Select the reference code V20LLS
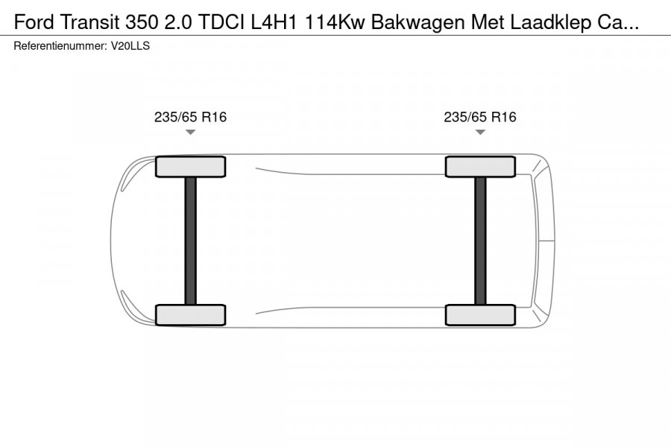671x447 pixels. point(133,46)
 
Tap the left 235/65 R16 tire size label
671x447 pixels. point(190,117)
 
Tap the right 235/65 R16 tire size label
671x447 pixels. point(480,117)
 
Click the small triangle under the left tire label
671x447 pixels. point(190,133)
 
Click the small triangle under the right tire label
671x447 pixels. point(480,133)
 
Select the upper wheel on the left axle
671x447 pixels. point(190,166)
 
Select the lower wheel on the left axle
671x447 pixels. point(190,315)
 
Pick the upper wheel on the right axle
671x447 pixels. point(480,166)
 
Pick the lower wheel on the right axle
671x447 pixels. point(480,315)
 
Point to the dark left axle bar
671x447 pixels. point(190,241)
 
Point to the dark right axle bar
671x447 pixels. point(480,241)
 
